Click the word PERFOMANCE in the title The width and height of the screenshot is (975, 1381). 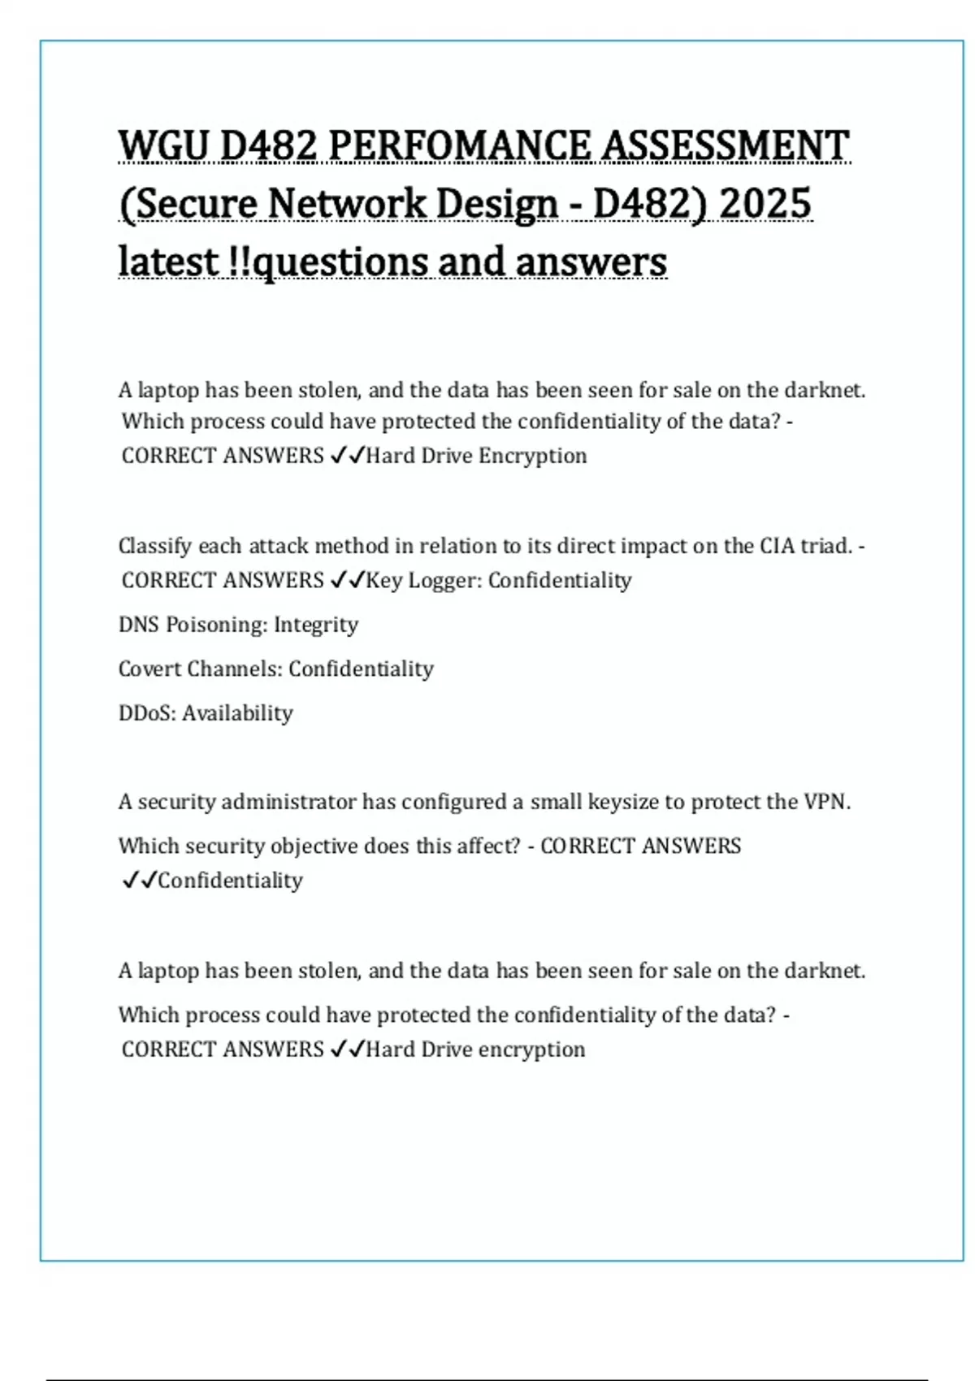point(461,146)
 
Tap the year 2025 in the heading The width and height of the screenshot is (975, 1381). point(765,203)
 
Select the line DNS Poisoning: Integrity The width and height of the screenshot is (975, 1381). point(238,625)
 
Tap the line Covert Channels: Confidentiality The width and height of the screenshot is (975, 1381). point(275,669)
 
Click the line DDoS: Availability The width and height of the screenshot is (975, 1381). point(206,713)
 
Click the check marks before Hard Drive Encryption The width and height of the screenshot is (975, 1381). point(347,456)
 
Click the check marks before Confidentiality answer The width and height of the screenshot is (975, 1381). point(139,881)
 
